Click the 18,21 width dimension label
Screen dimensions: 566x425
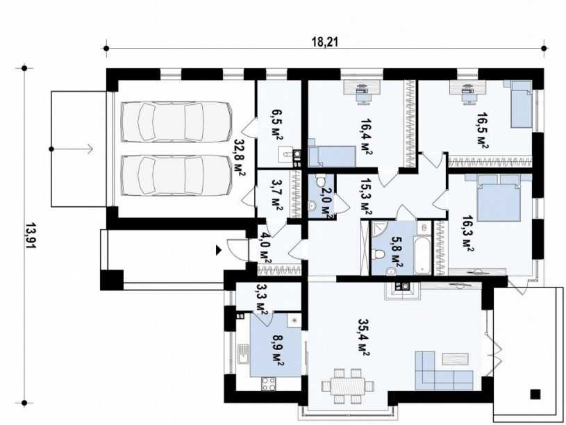tap(325, 42)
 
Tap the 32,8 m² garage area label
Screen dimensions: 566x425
tap(240, 158)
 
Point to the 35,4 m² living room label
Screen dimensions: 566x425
tap(363, 337)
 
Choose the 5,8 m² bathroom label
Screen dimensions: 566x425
tap(397, 251)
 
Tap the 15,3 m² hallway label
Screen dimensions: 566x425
tap(366, 197)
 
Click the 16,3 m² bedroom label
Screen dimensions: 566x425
tap(468, 233)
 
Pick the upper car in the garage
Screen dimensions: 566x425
tap(176, 122)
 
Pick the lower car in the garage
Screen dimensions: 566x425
tap(176, 176)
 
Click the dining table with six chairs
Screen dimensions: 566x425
tap(348, 386)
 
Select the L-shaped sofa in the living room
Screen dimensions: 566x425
tap(444, 371)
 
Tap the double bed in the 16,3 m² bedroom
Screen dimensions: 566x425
tap(499, 198)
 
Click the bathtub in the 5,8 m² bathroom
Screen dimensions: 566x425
tap(422, 256)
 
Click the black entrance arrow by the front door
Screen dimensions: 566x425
tap(218, 250)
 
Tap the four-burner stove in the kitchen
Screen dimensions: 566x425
tap(269, 384)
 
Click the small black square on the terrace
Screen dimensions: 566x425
tap(535, 394)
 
